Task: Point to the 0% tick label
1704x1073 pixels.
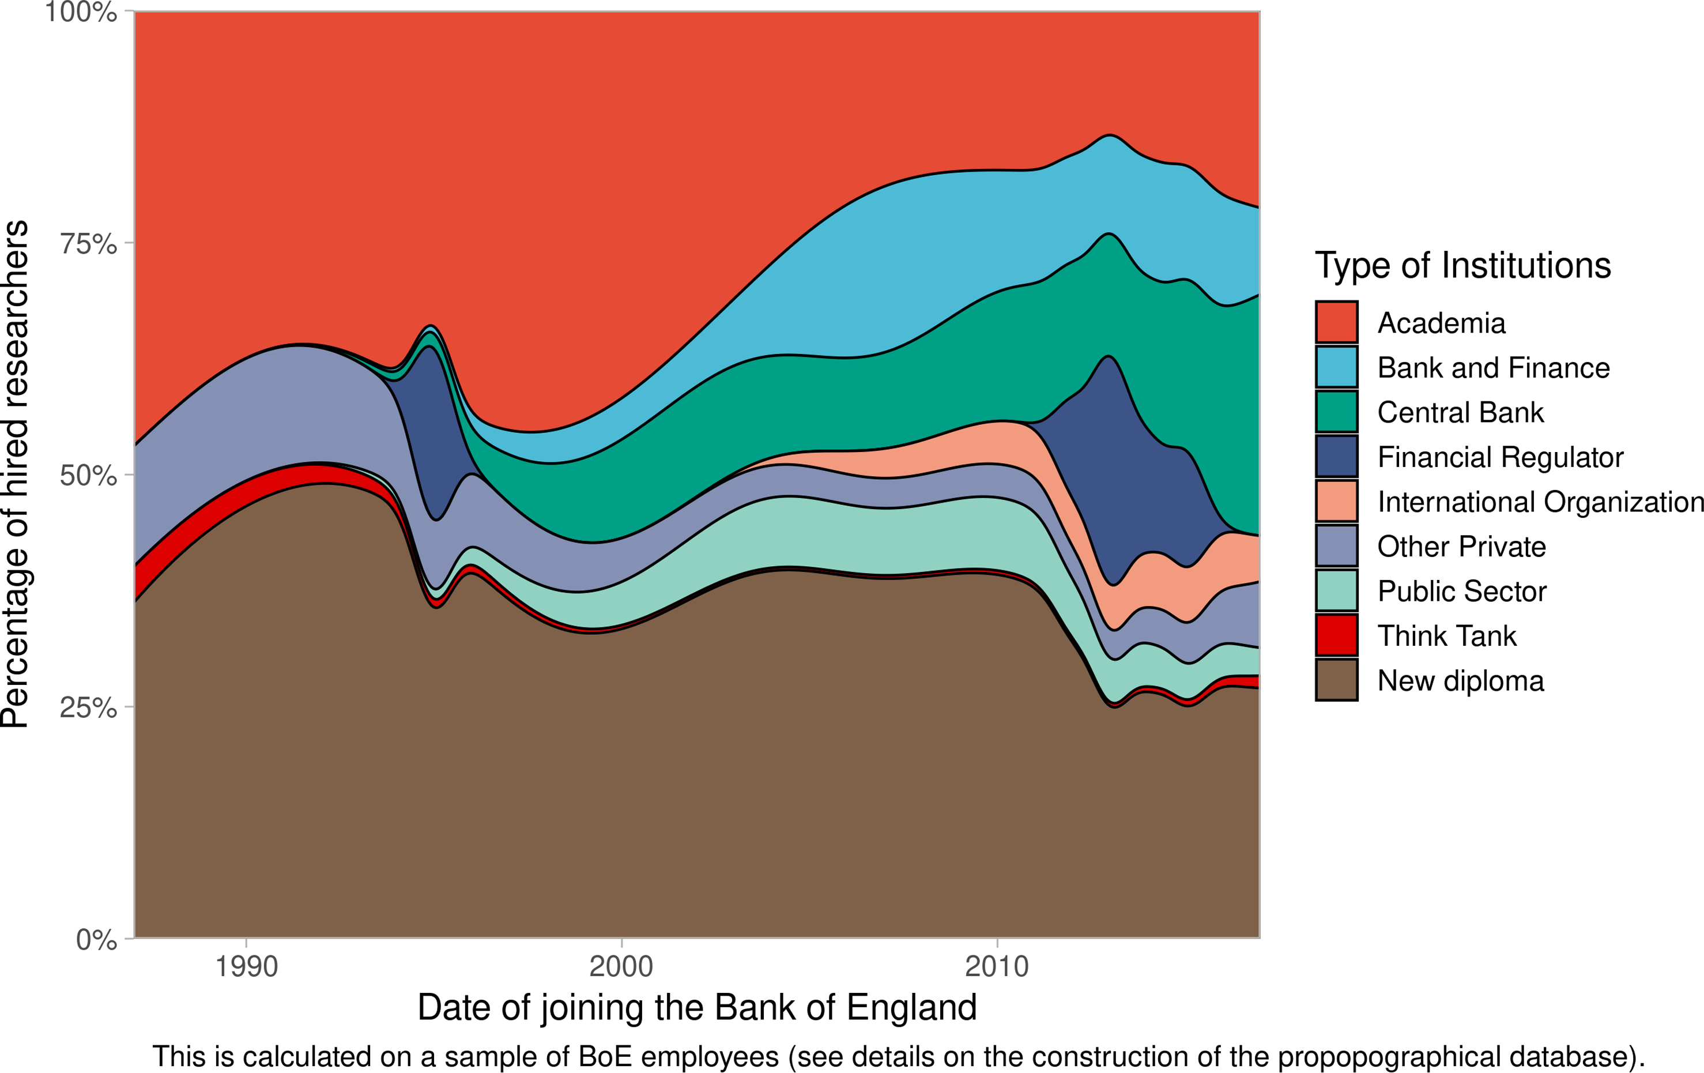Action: point(96,939)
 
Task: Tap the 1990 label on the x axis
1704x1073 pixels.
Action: point(246,966)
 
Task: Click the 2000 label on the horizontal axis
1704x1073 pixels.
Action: point(621,966)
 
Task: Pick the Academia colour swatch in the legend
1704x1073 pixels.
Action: point(1336,322)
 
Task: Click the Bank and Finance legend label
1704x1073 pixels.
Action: point(1493,367)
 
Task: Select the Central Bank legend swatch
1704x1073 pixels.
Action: point(1336,412)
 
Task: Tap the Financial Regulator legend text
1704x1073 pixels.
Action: point(1499,457)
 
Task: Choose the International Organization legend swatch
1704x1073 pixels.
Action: point(1336,501)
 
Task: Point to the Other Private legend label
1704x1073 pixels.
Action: point(1461,547)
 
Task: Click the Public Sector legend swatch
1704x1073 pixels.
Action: point(1336,590)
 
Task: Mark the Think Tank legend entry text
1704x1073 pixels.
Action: point(1446,635)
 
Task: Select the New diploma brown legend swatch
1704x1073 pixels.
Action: point(1336,679)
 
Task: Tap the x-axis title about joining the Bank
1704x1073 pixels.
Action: point(697,1007)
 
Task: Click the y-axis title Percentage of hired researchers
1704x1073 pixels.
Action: point(16,474)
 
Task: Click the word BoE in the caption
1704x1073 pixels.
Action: point(605,1057)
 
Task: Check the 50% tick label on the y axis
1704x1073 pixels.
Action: point(88,476)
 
